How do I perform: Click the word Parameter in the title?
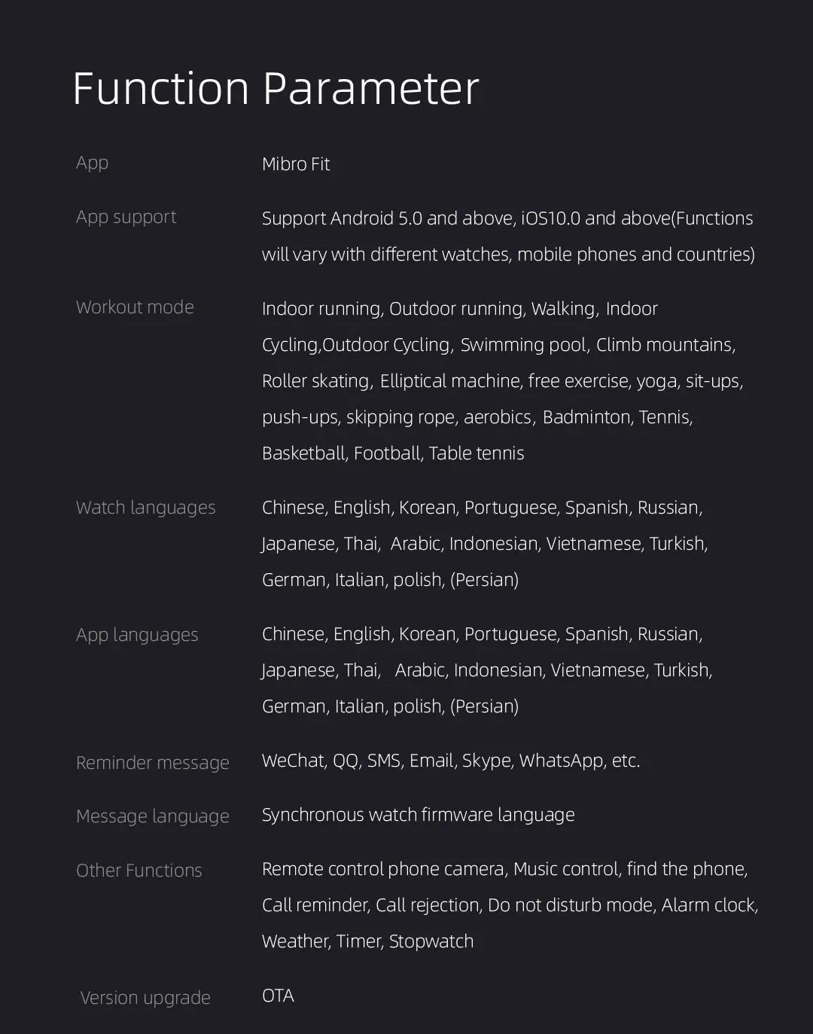(370, 89)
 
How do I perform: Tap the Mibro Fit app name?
(296, 164)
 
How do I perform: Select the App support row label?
(126, 217)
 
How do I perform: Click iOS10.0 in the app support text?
(550, 218)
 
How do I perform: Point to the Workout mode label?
(135, 307)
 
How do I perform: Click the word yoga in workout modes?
(656, 381)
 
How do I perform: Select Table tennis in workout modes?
(476, 453)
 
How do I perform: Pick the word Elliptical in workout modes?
(413, 381)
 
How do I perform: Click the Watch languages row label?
(145, 508)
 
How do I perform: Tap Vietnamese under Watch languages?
(594, 544)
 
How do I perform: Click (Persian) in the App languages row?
(484, 706)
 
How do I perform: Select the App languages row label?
(137, 635)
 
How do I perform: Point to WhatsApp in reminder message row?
(561, 761)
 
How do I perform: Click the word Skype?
(486, 761)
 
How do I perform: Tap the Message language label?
(152, 816)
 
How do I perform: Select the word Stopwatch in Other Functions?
(431, 941)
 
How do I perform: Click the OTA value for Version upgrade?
(278, 996)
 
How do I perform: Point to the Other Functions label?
(139, 871)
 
